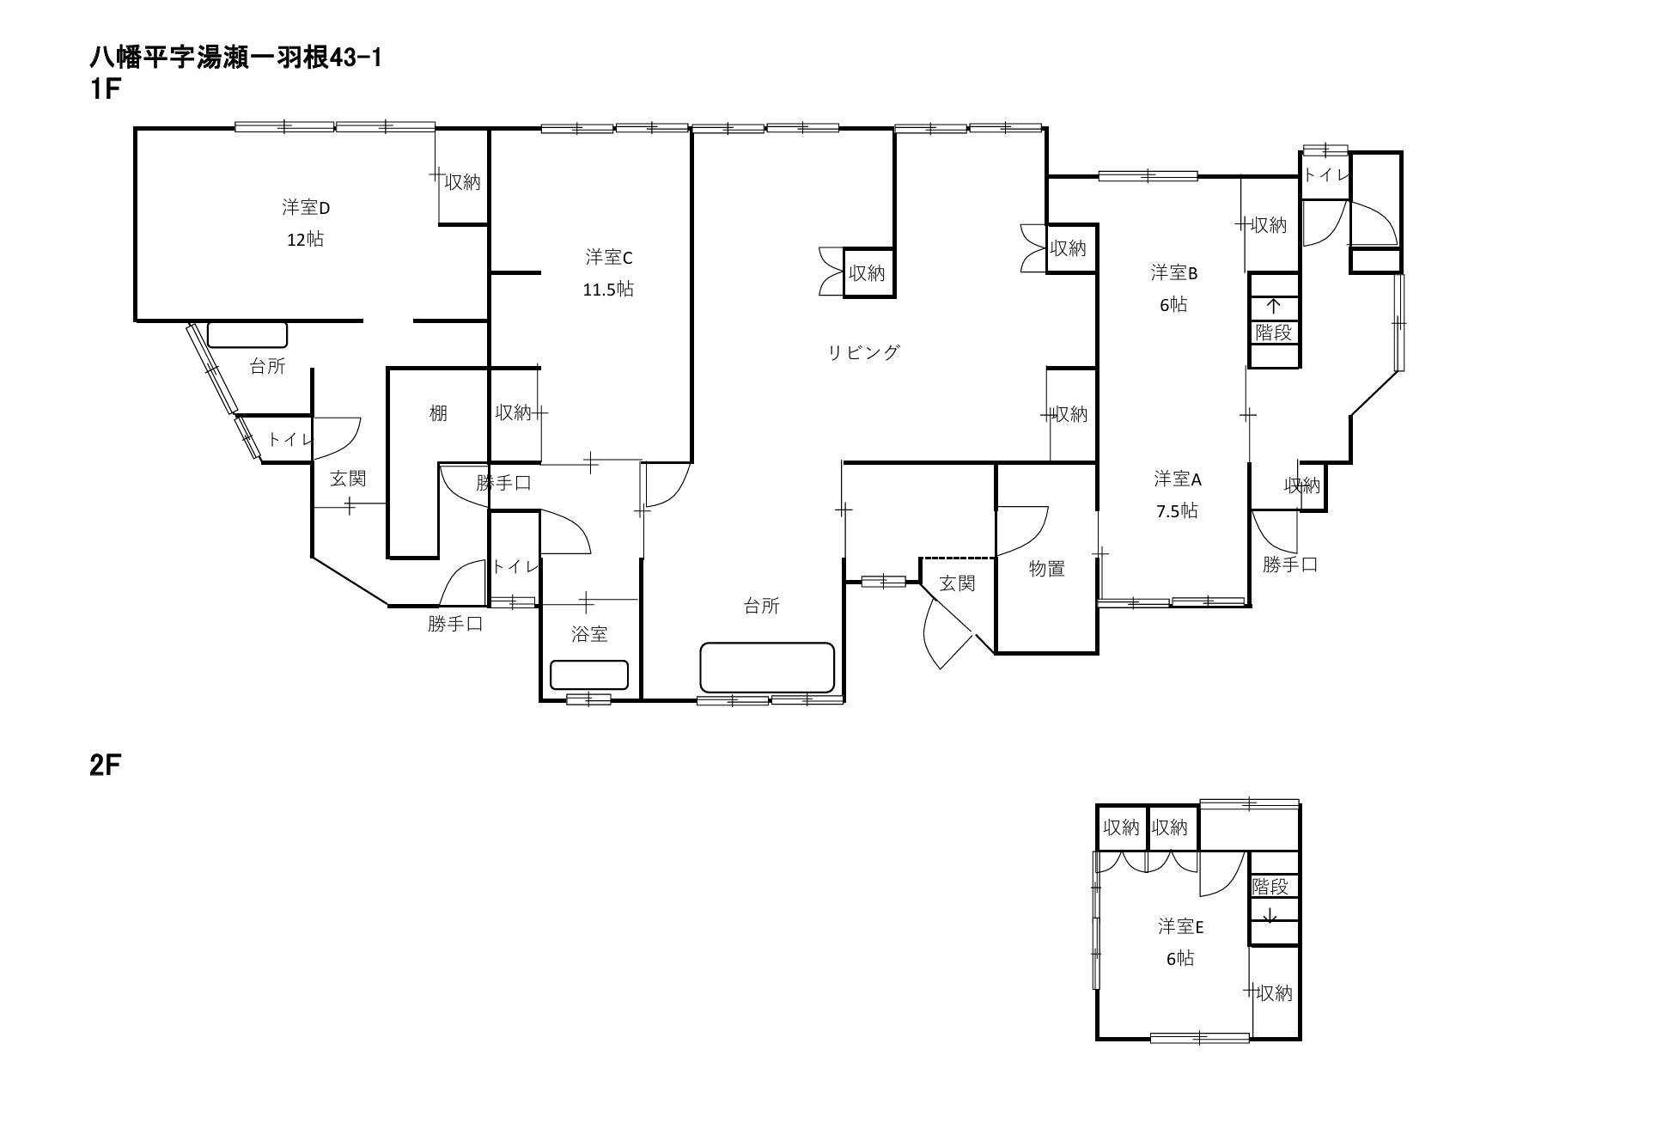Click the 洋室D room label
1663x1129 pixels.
click(306, 208)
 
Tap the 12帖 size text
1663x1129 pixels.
click(306, 240)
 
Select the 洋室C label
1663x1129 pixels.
click(609, 258)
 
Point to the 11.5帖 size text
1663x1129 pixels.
click(609, 290)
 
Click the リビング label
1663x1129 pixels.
click(864, 352)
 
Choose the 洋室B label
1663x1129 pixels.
click(1174, 273)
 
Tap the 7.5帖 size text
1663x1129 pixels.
click(1177, 511)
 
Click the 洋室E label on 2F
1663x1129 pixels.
click(1180, 927)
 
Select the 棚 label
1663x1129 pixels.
click(438, 414)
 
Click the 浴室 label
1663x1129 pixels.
click(589, 635)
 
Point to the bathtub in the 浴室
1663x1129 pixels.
click(589, 674)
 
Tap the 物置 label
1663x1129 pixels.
click(1047, 569)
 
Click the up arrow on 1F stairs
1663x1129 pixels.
click(1273, 306)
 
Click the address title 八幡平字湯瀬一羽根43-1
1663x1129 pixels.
click(235, 58)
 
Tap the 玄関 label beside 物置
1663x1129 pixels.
click(957, 584)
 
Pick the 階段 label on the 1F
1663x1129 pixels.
click(1273, 333)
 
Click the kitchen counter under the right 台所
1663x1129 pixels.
click(767, 668)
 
